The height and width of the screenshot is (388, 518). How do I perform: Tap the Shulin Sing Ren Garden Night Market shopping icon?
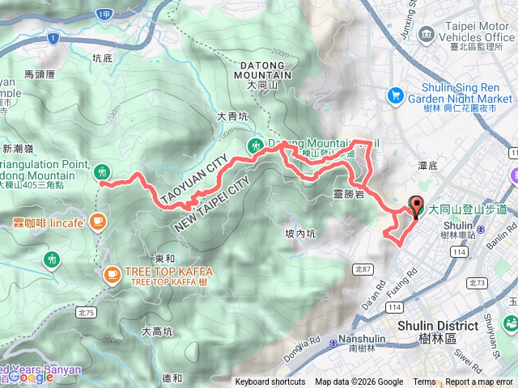click(395, 95)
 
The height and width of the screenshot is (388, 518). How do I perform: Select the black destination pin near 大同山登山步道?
click(418, 208)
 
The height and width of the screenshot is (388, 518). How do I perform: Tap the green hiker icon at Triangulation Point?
click(103, 171)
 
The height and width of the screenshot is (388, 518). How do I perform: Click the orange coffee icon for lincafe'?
click(98, 221)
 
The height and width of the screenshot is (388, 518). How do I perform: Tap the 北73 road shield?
click(477, 283)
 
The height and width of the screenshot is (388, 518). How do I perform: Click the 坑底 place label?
click(102, 57)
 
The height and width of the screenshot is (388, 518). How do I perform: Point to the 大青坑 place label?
click(232, 117)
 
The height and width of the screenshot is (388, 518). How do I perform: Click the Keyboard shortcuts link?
click(270, 382)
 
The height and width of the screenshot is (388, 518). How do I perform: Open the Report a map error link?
click(480, 382)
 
